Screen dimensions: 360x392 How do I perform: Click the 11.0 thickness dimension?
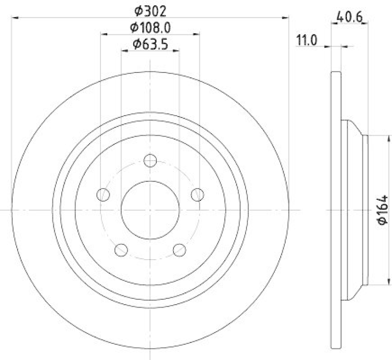tap(307, 40)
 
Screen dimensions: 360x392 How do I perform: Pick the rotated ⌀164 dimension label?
tap(383, 209)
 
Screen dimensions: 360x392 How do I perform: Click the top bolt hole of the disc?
tap(150, 160)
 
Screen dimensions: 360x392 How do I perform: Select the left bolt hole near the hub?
tap(103, 194)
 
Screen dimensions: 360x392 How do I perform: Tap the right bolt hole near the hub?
tap(197, 194)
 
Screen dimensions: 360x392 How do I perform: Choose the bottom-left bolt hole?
tap(121, 250)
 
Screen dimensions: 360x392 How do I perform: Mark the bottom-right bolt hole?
tap(179, 250)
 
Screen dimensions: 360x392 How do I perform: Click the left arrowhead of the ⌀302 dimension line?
tap(15, 18)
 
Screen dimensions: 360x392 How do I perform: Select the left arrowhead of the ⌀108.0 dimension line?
tap(104, 34)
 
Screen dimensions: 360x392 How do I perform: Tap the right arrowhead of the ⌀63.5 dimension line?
tap(176, 50)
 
